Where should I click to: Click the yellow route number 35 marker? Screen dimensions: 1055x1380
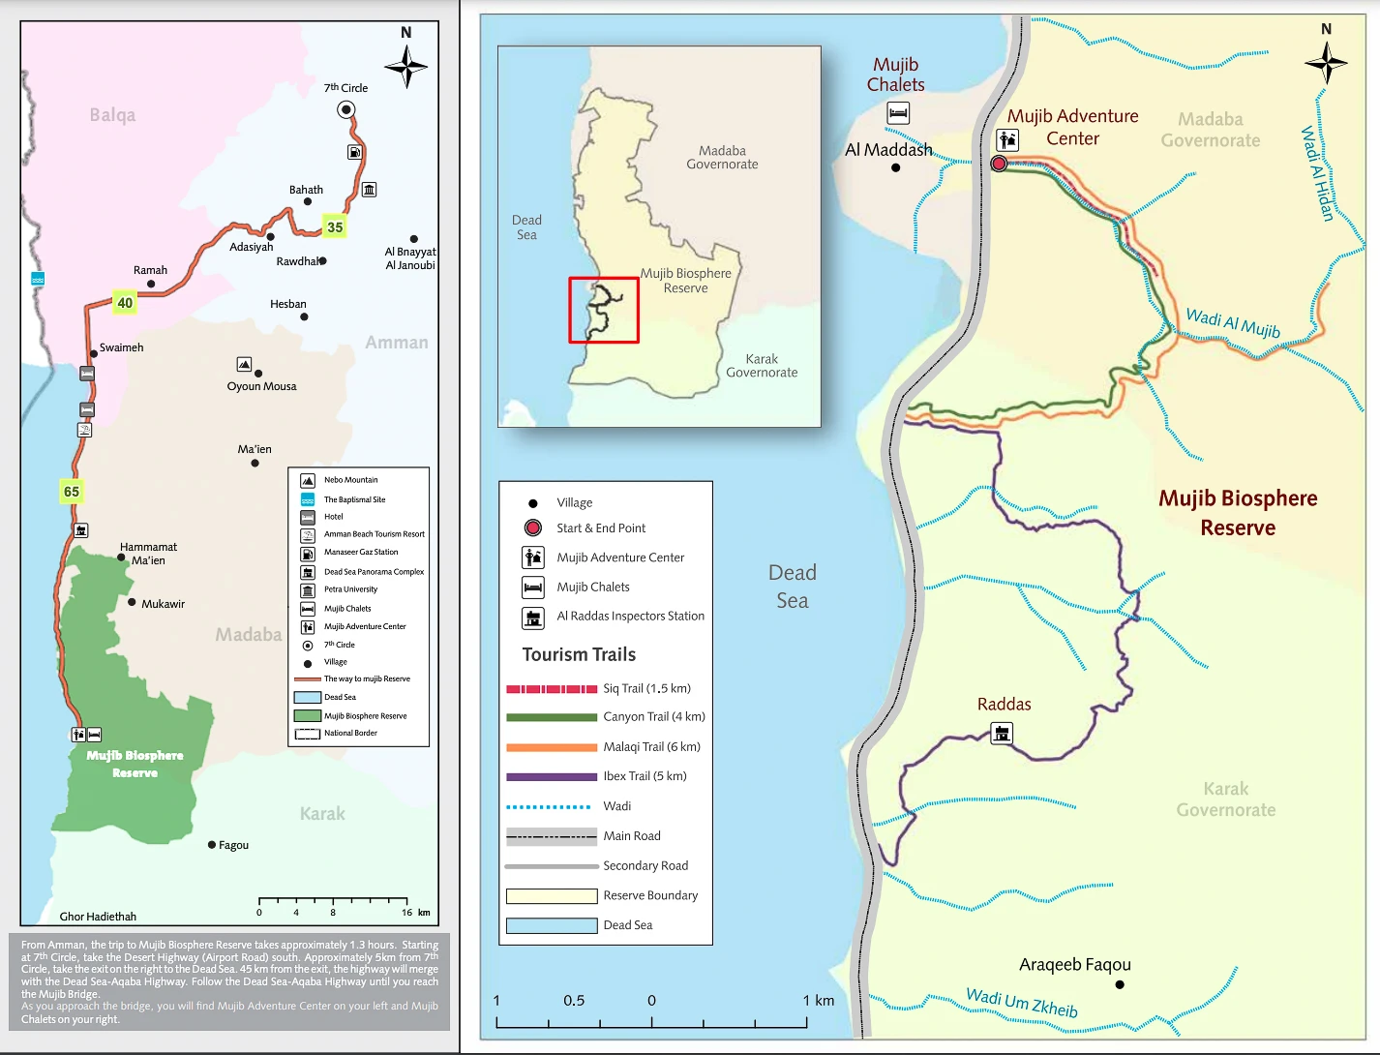coord(335,227)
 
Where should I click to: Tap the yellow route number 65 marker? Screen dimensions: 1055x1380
coord(72,492)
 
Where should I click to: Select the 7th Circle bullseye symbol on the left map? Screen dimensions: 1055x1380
coord(345,109)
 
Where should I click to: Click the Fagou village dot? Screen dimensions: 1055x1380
coord(212,845)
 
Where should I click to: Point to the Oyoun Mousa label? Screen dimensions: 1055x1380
coord(261,386)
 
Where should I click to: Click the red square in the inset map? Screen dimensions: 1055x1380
coord(604,310)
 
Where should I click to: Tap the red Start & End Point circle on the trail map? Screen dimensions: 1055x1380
coord(999,164)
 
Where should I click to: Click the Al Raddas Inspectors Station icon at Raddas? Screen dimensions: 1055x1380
coord(1003,733)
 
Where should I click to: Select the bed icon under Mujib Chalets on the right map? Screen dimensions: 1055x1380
coord(898,113)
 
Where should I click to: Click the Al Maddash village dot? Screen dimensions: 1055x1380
coord(895,167)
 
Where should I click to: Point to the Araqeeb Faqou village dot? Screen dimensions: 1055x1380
coord(1120,984)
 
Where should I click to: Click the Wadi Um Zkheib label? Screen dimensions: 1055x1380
coord(1022,1002)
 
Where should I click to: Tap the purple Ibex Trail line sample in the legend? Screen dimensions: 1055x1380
coord(552,776)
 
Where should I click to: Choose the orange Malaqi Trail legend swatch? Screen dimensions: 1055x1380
coord(552,747)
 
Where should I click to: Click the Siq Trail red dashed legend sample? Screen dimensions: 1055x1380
coord(552,689)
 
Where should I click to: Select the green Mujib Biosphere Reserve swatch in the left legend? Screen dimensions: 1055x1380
coord(308,716)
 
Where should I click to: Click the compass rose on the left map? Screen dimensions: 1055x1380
coord(406,67)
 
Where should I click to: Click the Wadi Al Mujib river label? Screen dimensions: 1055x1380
coord(1233,323)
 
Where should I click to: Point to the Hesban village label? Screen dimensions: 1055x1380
coord(288,304)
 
